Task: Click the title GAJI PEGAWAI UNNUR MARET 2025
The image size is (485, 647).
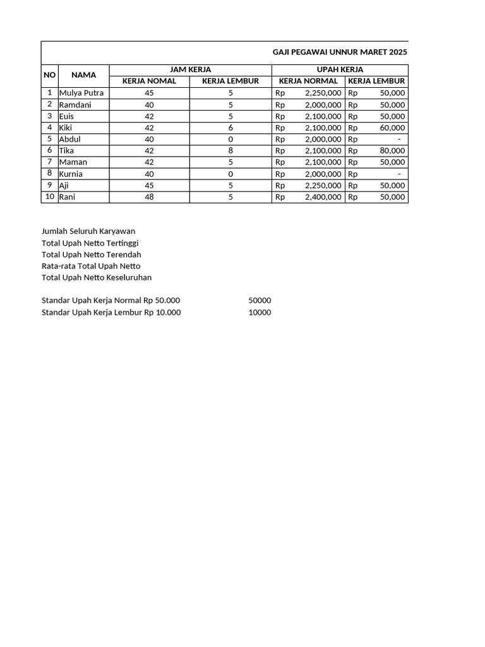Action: [x=340, y=52]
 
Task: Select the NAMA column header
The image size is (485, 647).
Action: [x=83, y=75]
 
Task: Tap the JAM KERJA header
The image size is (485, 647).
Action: [x=191, y=70]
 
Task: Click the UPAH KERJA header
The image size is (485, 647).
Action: [x=340, y=70]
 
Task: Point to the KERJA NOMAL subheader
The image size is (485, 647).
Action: [x=149, y=81]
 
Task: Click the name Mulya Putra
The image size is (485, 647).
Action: [x=81, y=93]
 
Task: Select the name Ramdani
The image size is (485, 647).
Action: [x=75, y=105]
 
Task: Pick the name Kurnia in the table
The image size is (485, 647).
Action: [x=71, y=174]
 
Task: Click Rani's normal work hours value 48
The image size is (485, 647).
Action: [x=149, y=197]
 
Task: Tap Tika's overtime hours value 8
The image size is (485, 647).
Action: [x=231, y=150]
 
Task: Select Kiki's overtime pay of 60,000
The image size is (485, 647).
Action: [x=392, y=128]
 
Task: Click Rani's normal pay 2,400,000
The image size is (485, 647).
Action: [x=323, y=197]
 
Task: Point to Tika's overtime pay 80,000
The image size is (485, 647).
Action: [x=392, y=150]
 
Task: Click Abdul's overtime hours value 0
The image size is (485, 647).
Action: [x=231, y=139]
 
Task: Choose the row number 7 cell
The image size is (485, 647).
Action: [x=49, y=162]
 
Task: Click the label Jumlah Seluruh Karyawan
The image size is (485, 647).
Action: [x=88, y=231]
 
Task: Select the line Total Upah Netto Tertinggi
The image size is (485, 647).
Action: [x=90, y=243]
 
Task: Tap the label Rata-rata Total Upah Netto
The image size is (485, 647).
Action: [x=91, y=266]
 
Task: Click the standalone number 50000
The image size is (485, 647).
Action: [x=260, y=301]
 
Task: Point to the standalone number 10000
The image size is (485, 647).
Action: [x=260, y=312]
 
